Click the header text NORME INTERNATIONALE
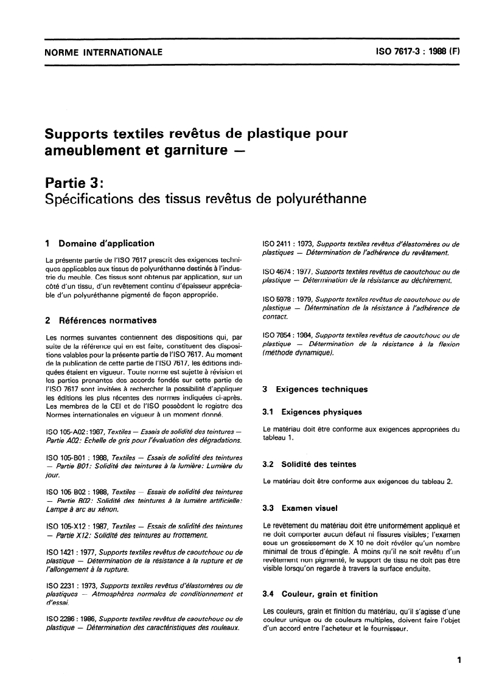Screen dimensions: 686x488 [103, 52]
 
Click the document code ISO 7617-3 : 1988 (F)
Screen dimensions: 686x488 [419, 52]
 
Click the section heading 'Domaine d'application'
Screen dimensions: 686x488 [106, 243]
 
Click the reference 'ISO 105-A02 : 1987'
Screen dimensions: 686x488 [78, 432]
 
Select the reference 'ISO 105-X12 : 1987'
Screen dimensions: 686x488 [78, 526]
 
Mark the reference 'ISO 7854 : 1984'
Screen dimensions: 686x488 [288, 336]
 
